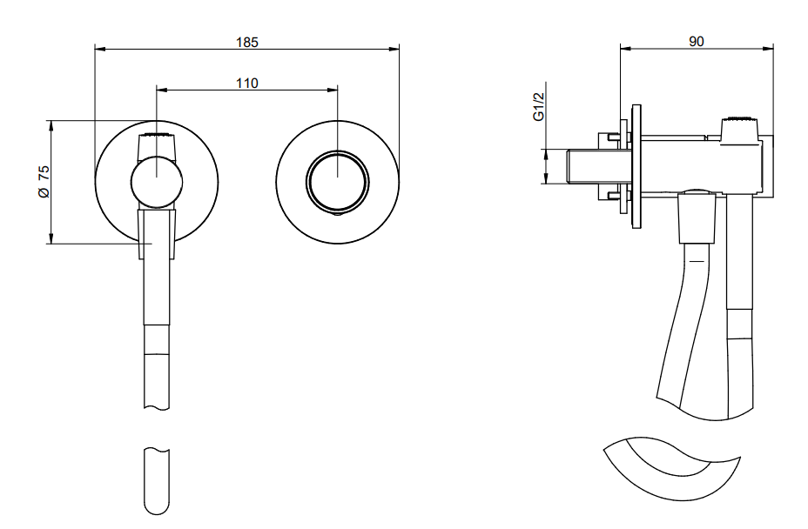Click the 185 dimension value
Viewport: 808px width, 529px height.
pyautogui.click(x=246, y=41)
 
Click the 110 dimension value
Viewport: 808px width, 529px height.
pyautogui.click(x=246, y=84)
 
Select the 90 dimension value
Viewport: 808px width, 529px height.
pyautogui.click(x=696, y=41)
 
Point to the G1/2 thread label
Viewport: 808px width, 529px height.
pyautogui.click(x=540, y=109)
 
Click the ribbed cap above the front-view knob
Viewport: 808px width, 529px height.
pyautogui.click(x=157, y=137)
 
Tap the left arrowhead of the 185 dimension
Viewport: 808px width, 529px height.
pyautogui.click(x=98, y=49)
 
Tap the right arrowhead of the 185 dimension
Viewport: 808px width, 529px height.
pyautogui.click(x=395, y=49)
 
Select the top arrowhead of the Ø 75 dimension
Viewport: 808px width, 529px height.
pyautogui.click(x=51, y=124)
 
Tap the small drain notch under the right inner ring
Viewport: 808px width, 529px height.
pyautogui.click(x=338, y=211)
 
